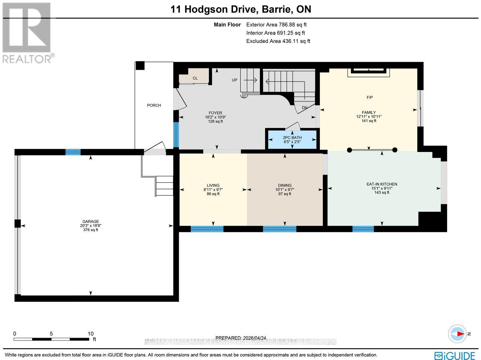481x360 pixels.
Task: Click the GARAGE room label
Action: pyautogui.click(x=90, y=221)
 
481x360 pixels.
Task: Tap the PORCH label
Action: pyautogui.click(x=154, y=105)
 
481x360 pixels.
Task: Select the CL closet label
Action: pyautogui.click(x=195, y=78)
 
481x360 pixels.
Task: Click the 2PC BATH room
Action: pyautogui.click(x=292, y=139)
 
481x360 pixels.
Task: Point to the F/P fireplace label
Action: pyautogui.click(x=369, y=97)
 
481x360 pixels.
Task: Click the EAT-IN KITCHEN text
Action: pyautogui.click(x=382, y=184)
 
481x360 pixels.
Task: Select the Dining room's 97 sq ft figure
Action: pyautogui.click(x=285, y=194)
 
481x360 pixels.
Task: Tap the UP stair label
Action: pyautogui.click(x=234, y=80)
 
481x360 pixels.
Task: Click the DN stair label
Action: pyautogui.click(x=305, y=108)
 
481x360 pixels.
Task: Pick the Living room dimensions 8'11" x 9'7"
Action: pyautogui.click(x=213, y=190)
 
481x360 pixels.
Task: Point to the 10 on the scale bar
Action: pyautogui.click(x=90, y=334)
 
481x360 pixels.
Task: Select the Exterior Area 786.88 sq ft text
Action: pyautogui.click(x=276, y=25)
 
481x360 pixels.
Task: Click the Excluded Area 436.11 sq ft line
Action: pyautogui.click(x=278, y=41)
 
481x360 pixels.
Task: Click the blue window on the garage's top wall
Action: pyautogui.click(x=73, y=152)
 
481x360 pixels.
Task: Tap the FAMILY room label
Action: pyautogui.click(x=369, y=112)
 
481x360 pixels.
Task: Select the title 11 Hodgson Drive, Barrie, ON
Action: pyautogui.click(x=240, y=9)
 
